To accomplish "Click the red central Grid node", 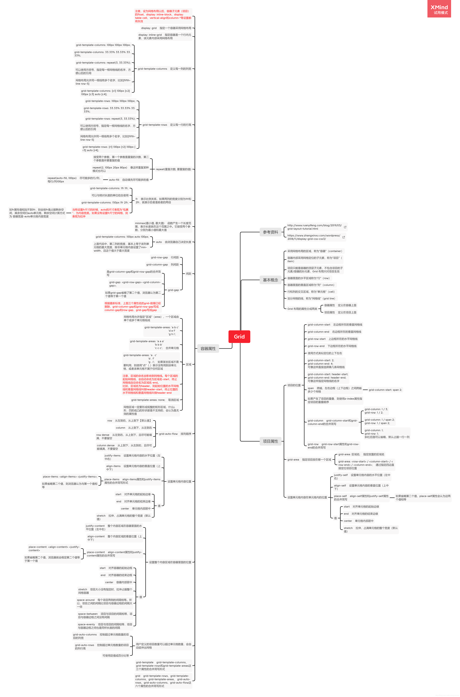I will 239,336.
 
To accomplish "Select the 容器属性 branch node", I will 208,348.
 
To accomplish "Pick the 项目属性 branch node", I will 270,441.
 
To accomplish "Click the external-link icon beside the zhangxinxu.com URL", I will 344,237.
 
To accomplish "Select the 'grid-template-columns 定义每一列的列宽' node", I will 164,69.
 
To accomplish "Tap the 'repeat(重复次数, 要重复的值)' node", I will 173,169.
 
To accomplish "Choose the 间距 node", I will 188,274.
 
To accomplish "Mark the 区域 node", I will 188,365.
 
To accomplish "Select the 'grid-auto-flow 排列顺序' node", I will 175,434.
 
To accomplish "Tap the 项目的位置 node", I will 294,385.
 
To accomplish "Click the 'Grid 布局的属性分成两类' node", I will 302,309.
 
